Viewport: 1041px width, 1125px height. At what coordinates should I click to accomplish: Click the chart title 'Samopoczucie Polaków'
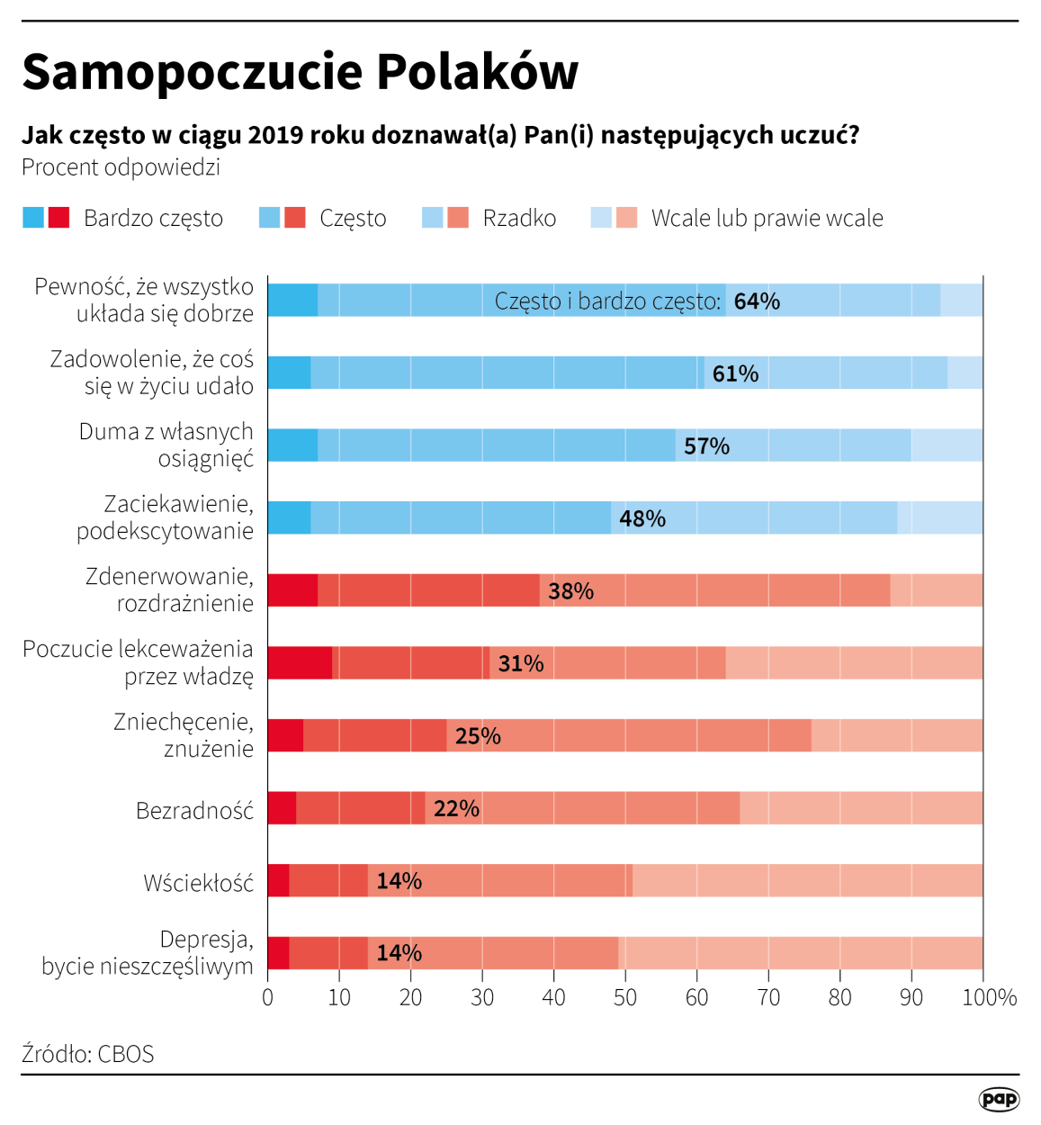click(300, 71)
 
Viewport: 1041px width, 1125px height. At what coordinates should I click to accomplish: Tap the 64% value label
click(756, 301)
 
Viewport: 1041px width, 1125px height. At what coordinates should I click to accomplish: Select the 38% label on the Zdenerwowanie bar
click(570, 591)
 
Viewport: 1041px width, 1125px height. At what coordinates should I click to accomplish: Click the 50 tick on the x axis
click(625, 997)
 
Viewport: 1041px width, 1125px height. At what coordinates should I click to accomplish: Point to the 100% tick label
click(989, 997)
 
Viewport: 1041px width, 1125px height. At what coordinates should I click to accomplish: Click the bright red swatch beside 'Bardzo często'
click(58, 218)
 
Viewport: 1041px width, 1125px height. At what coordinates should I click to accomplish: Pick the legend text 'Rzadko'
click(519, 219)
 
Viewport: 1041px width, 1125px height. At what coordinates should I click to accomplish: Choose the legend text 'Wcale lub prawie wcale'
click(767, 219)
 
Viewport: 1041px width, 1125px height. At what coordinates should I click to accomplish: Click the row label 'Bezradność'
click(194, 811)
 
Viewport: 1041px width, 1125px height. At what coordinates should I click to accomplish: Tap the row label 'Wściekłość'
click(198, 884)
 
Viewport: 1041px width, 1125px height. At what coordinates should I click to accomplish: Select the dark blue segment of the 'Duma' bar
click(292, 445)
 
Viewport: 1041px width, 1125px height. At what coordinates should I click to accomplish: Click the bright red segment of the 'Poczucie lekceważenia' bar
click(300, 663)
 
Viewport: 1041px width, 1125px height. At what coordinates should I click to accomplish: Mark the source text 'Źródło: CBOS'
click(88, 1054)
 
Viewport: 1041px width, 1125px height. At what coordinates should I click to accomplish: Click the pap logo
click(999, 1098)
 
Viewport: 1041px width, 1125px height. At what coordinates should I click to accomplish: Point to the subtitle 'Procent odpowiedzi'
click(121, 167)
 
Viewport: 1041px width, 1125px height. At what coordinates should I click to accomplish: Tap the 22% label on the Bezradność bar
click(456, 809)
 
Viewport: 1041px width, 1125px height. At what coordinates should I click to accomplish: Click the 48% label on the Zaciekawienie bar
click(642, 518)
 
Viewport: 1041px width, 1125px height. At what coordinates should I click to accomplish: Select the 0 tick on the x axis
click(267, 997)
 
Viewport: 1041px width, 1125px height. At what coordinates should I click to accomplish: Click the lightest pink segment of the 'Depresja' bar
click(801, 953)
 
